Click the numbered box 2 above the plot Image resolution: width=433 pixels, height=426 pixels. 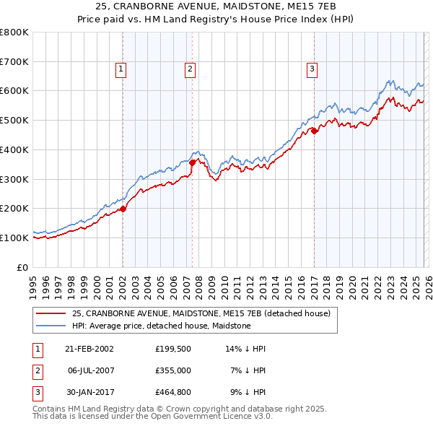[190, 69]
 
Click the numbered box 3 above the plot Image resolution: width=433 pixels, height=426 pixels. [312, 69]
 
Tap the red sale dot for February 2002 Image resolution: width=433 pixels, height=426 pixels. [123, 209]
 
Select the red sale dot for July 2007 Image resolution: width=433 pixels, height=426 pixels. [193, 163]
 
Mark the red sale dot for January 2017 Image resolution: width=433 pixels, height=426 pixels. [315, 131]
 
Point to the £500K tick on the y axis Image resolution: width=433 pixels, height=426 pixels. [14, 121]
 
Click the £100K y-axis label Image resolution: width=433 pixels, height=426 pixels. [14, 238]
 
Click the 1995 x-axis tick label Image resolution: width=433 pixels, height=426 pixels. [33, 285]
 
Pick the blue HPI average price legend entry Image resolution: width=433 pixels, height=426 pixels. [161, 326]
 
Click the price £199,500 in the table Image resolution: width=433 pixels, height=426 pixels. [172, 349]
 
